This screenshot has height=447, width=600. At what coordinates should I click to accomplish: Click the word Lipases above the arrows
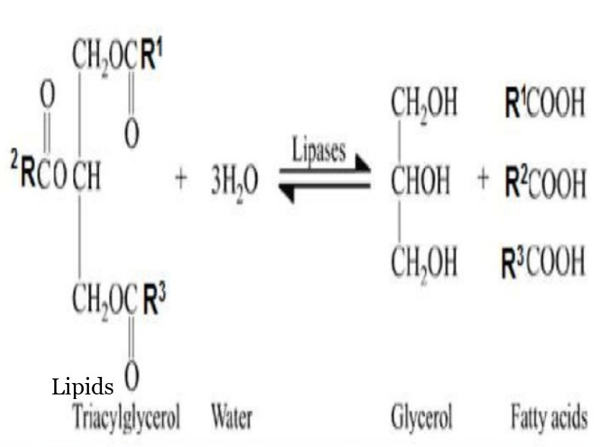pyautogui.click(x=319, y=150)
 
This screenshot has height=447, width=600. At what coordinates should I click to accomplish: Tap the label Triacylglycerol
pyautogui.click(x=127, y=417)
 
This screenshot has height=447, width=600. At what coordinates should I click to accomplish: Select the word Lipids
pyautogui.click(x=82, y=387)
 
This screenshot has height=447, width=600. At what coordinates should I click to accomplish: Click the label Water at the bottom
pyautogui.click(x=231, y=417)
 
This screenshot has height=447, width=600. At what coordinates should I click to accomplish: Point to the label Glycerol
pyautogui.click(x=422, y=417)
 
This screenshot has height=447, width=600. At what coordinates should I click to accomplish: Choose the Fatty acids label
pyautogui.click(x=549, y=417)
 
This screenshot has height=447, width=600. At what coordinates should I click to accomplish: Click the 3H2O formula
pyautogui.click(x=234, y=182)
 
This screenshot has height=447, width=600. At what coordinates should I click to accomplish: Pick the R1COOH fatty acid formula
pyautogui.click(x=544, y=104)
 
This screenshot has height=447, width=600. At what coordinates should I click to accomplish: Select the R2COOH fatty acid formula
pyautogui.click(x=544, y=182)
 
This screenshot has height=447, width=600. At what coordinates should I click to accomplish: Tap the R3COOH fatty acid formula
pyautogui.click(x=544, y=261)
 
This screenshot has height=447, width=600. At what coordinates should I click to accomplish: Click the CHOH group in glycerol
pyautogui.click(x=421, y=182)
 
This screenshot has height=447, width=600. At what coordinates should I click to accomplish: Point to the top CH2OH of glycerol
pyautogui.click(x=424, y=104)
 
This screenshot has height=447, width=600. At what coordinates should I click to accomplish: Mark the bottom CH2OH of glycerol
pyautogui.click(x=424, y=262)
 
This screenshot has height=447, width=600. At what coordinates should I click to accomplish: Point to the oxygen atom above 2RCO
pyautogui.click(x=47, y=96)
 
